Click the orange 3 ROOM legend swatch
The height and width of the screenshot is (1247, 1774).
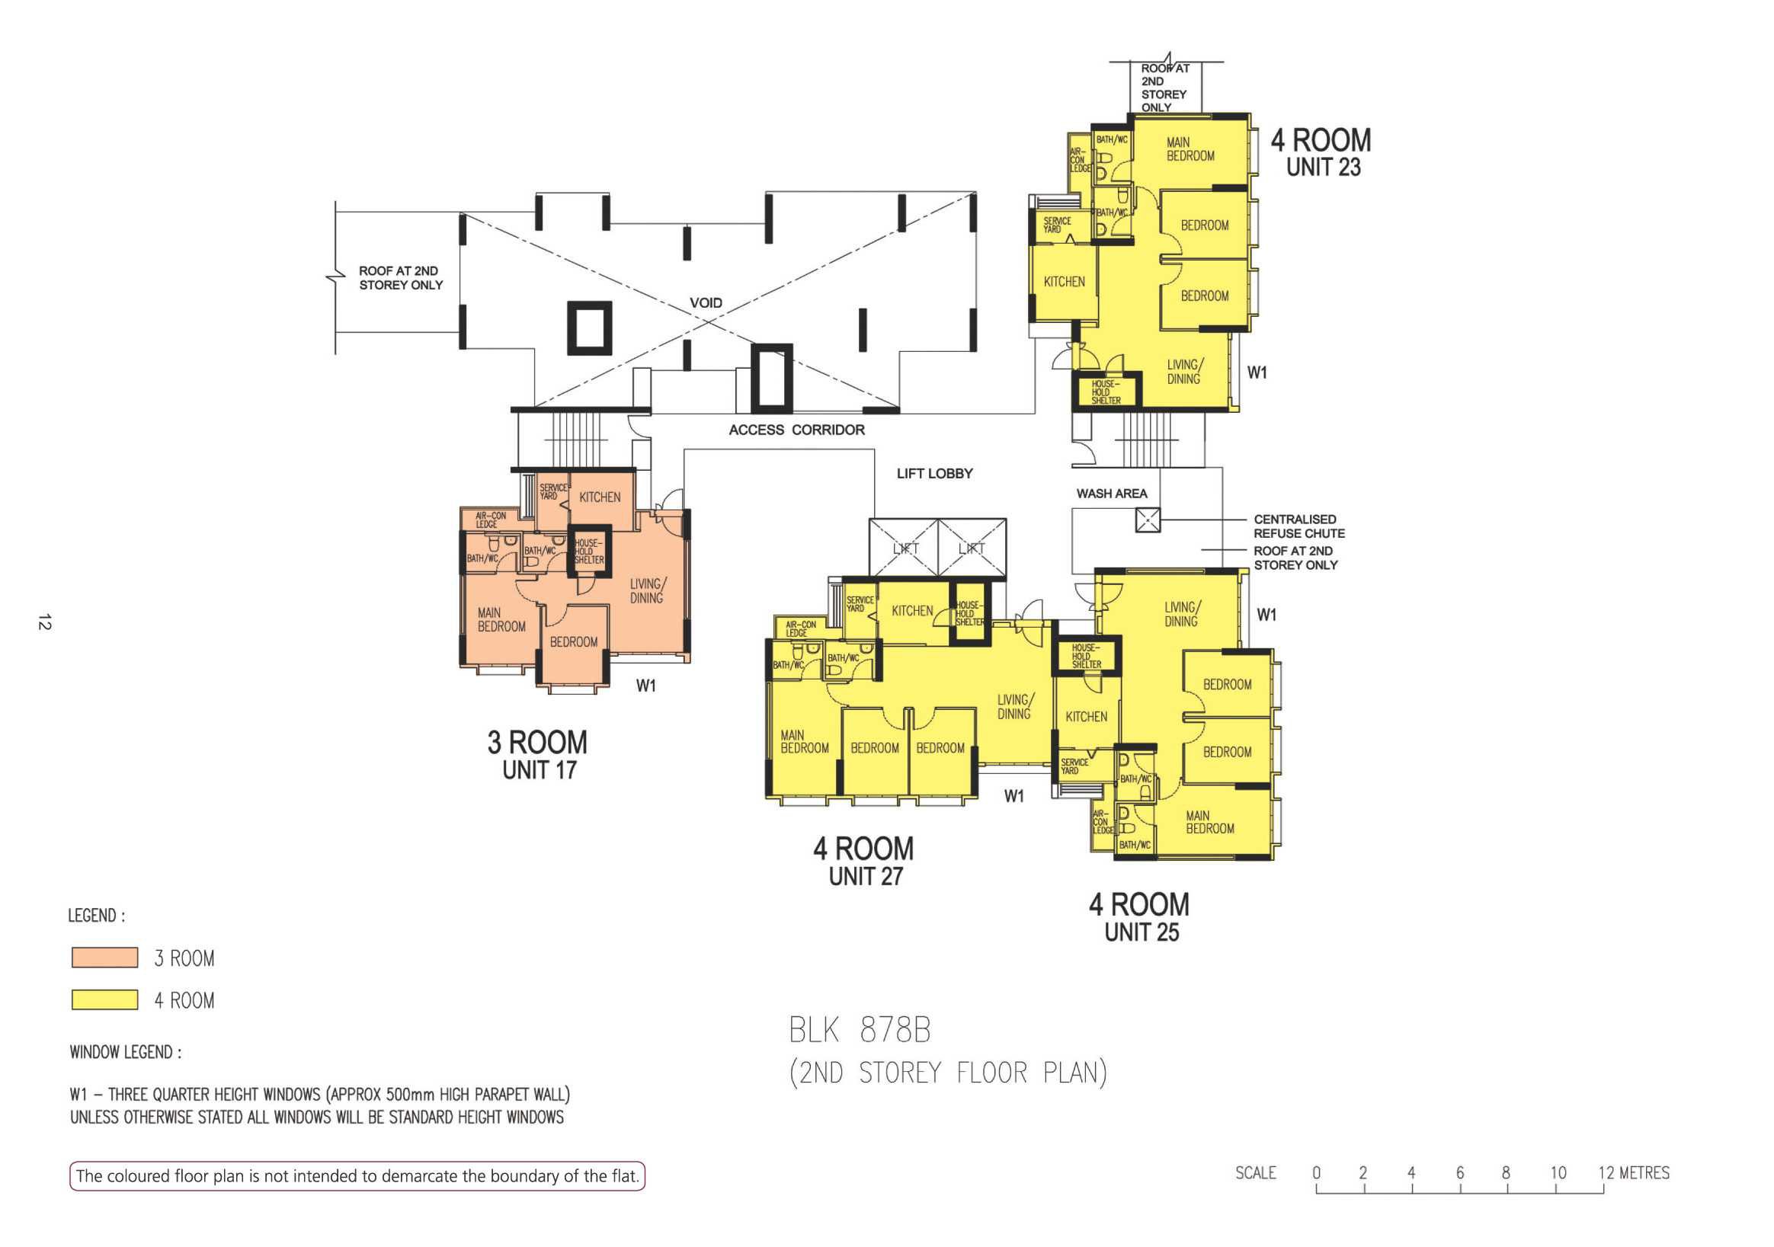tap(105, 958)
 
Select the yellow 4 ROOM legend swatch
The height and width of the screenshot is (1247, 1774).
tap(105, 999)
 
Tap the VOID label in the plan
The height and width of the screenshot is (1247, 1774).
tap(706, 303)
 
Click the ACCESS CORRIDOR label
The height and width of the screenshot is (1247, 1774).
tap(796, 430)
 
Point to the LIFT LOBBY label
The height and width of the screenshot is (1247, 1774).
tap(934, 474)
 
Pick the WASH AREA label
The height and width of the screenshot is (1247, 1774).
tap(1112, 494)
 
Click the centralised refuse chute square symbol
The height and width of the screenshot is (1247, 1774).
tap(1148, 520)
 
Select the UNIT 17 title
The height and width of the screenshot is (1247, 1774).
tap(540, 770)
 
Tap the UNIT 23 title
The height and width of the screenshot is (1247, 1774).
tap(1323, 167)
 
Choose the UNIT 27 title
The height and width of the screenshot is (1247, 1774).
tap(866, 877)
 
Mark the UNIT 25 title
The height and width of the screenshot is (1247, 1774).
tap(1142, 932)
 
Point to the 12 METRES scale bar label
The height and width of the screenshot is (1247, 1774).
tap(1633, 1173)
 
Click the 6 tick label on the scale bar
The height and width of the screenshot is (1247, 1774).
tap(1459, 1173)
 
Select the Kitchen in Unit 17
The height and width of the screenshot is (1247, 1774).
tap(600, 497)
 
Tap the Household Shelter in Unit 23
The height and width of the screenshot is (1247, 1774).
tap(1106, 392)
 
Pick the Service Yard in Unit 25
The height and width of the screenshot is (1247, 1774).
tap(1074, 766)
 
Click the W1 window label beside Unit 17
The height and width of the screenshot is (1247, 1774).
tap(646, 686)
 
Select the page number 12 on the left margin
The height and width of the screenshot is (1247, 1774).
tap(44, 622)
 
